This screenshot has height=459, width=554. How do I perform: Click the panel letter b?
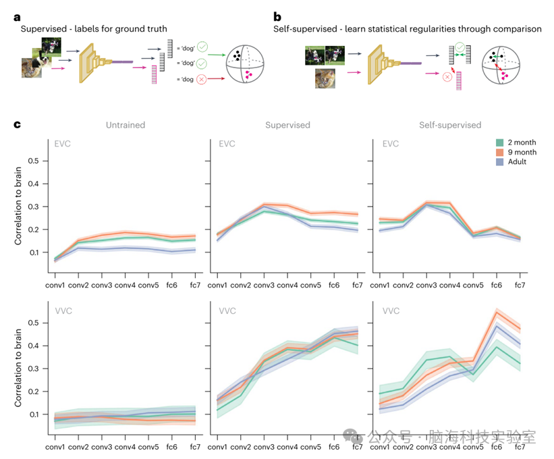[x=277, y=16]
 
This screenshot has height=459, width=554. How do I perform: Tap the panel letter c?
[x=17, y=125]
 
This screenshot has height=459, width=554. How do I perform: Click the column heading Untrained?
[x=126, y=125]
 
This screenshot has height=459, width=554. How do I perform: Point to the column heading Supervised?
[x=288, y=125]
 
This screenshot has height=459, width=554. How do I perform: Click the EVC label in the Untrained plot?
[x=63, y=144]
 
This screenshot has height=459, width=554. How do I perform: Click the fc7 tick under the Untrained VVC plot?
[x=195, y=446]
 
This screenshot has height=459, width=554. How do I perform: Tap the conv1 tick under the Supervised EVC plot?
[x=219, y=285]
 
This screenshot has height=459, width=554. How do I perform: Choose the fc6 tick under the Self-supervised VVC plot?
[x=497, y=446]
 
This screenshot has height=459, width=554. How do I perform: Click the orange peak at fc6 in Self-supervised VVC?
[x=497, y=313]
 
